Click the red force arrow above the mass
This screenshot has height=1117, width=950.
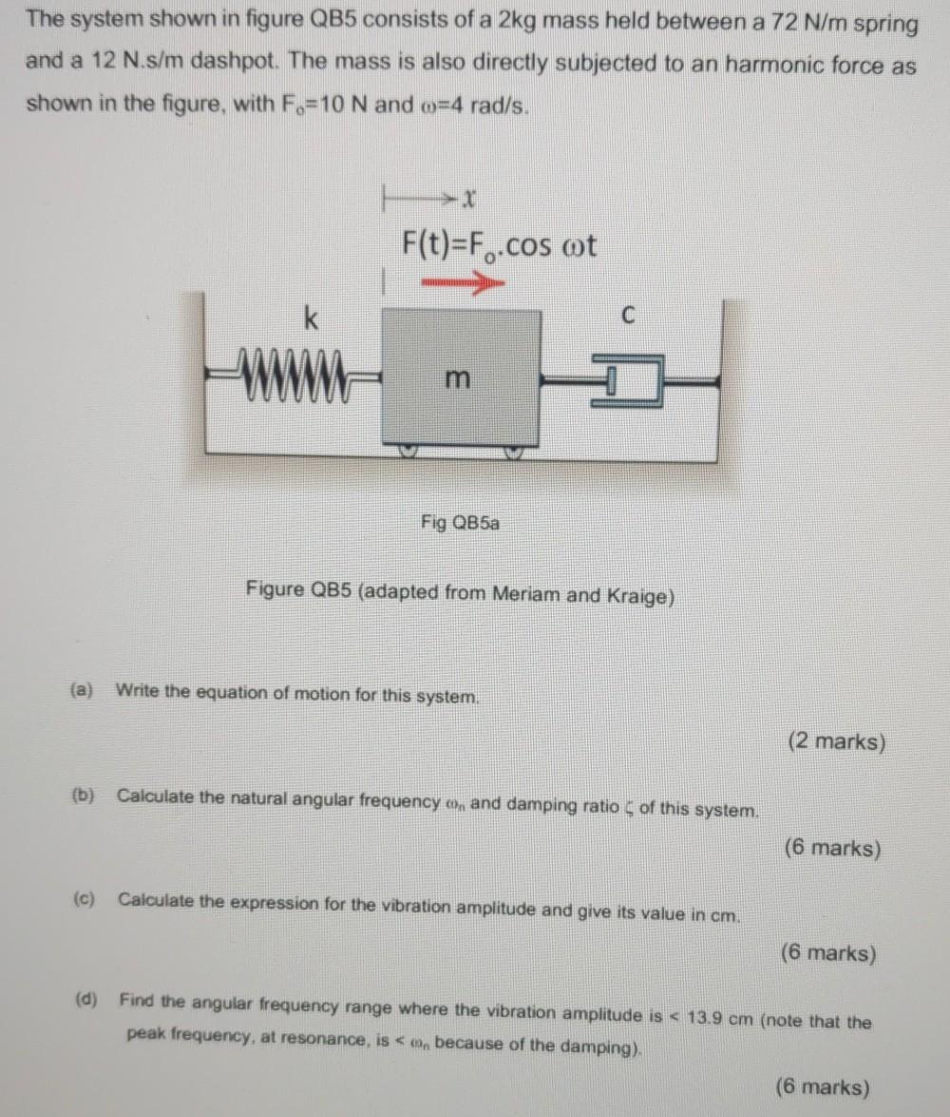pos(463,283)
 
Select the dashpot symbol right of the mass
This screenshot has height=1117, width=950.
pos(627,382)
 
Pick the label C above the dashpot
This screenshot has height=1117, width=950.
pos(627,314)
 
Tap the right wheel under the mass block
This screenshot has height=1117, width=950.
pos(514,453)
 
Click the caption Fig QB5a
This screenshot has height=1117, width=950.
pos(460,523)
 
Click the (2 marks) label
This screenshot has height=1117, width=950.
pos(837,741)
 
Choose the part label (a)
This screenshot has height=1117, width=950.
pos(82,689)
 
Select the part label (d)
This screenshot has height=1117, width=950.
pos(86,999)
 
